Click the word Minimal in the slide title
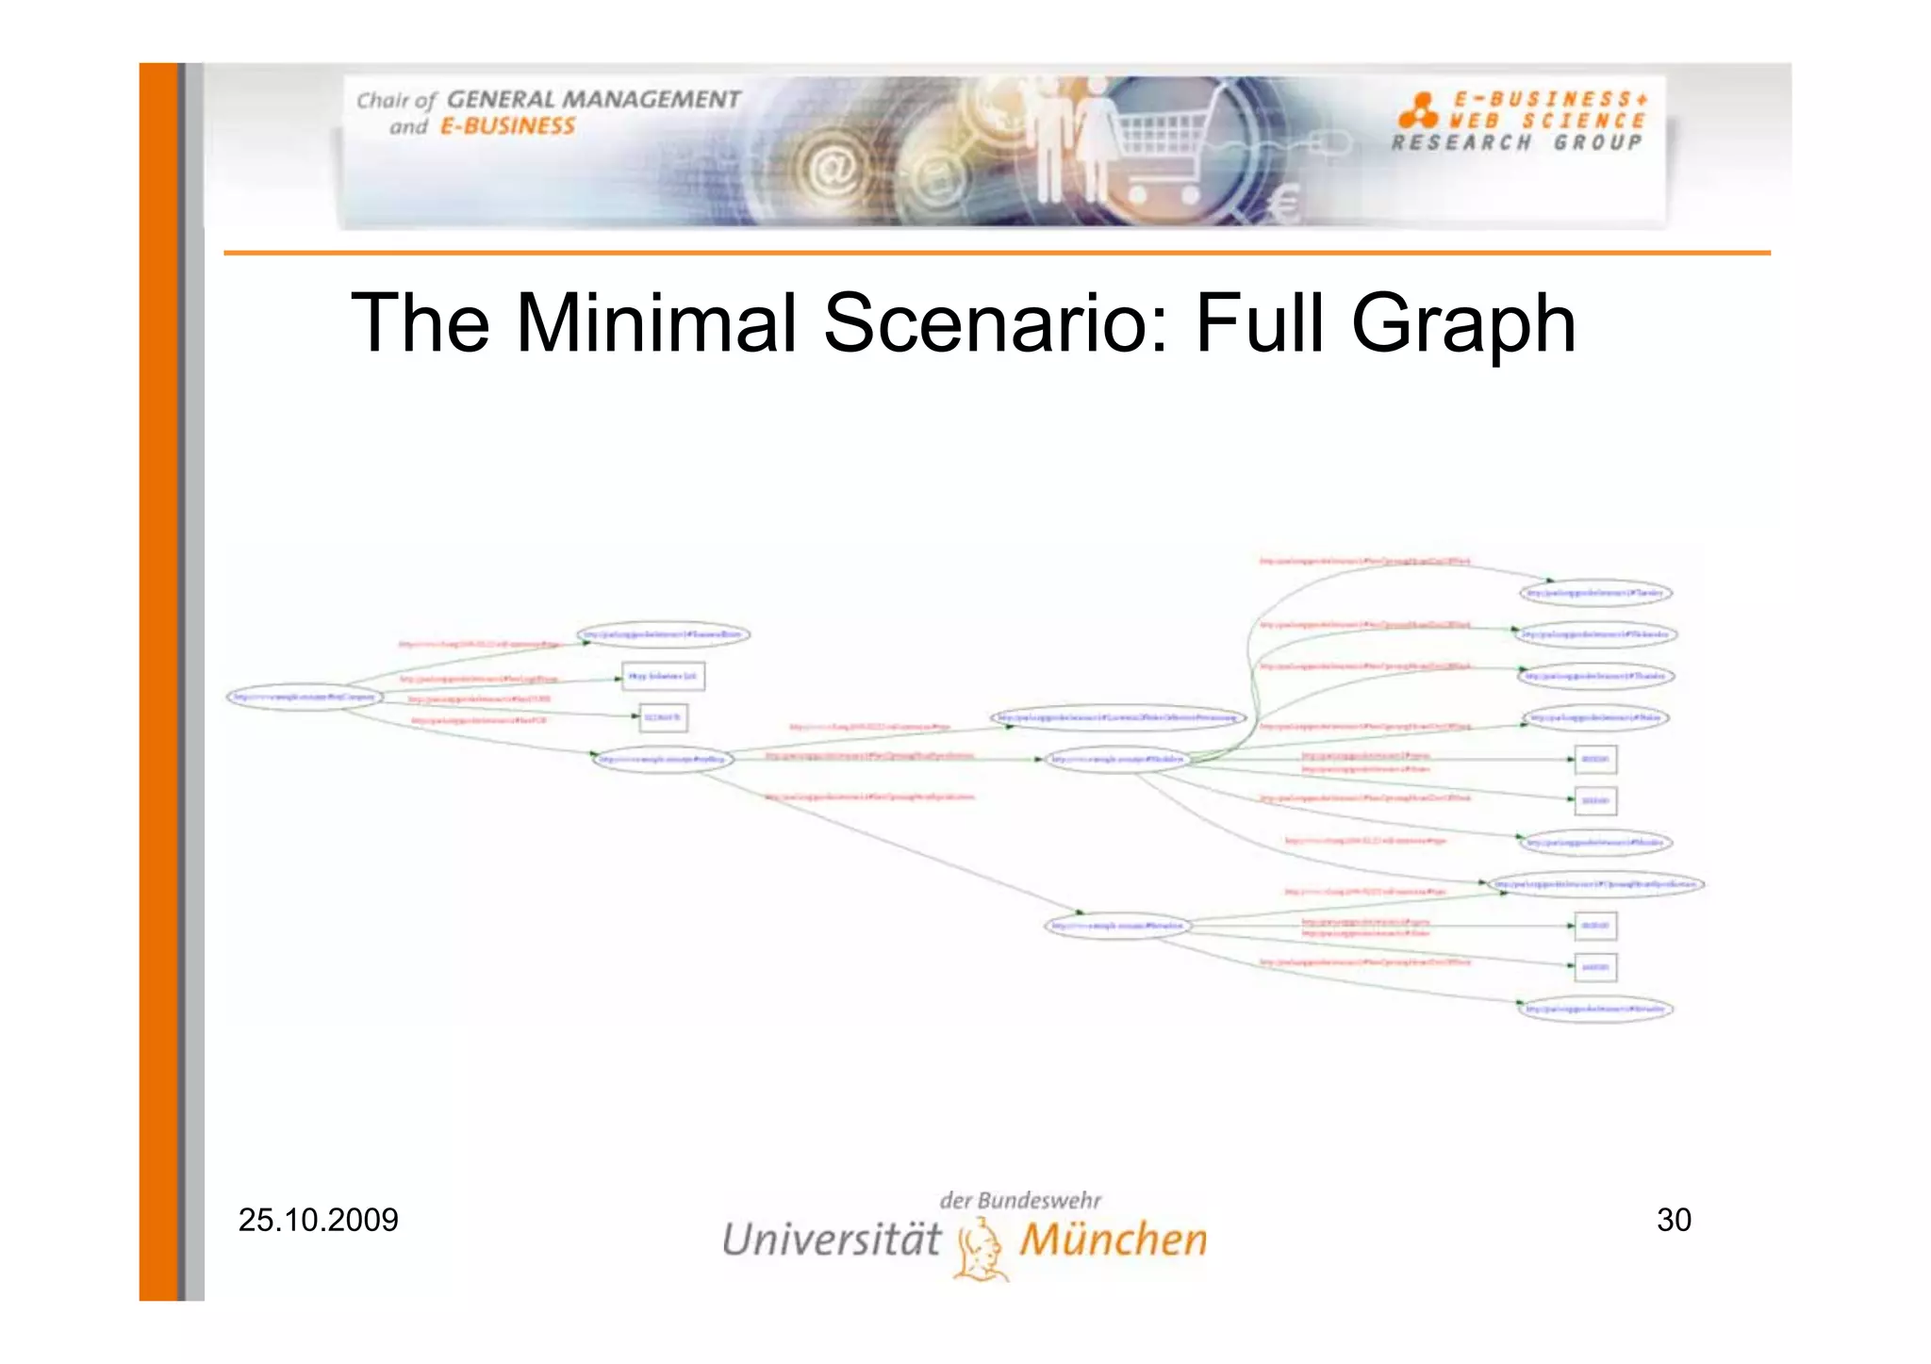pyautogui.click(x=656, y=323)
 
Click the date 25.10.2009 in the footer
pyautogui.click(x=318, y=1220)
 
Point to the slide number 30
pyautogui.click(x=1674, y=1220)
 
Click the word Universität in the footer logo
pyautogui.click(x=832, y=1239)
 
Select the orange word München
pyautogui.click(x=1113, y=1239)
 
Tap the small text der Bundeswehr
pyautogui.click(x=1020, y=1200)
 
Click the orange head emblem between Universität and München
pyautogui.click(x=981, y=1249)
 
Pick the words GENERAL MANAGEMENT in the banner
pyautogui.click(x=593, y=100)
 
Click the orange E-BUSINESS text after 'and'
pyautogui.click(x=507, y=126)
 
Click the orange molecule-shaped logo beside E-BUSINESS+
pyautogui.click(x=1418, y=111)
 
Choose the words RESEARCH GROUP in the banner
pyautogui.click(x=1517, y=142)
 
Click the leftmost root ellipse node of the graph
pyautogui.click(x=305, y=698)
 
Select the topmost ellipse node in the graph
pyautogui.click(x=1595, y=593)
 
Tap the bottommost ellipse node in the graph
pyautogui.click(x=1595, y=1009)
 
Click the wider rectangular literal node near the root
pyautogui.click(x=663, y=677)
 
